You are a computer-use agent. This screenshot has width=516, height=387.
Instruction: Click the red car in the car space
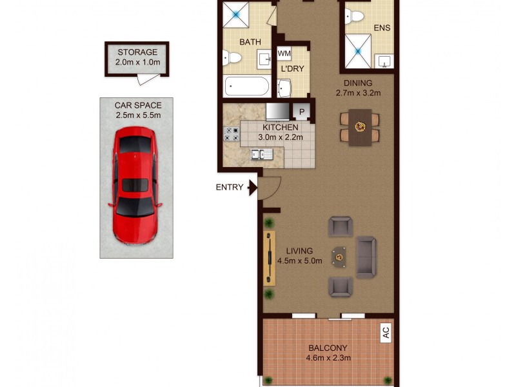point(135,185)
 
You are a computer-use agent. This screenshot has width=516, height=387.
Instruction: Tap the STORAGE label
point(137,52)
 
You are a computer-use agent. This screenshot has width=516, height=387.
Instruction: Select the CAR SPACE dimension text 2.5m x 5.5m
point(137,115)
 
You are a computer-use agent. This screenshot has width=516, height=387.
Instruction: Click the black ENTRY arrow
point(253,188)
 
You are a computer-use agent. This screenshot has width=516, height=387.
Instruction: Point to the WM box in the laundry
point(284,54)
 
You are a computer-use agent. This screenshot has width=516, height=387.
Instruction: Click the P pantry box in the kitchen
point(301,112)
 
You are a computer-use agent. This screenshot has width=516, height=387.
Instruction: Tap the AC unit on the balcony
point(386,333)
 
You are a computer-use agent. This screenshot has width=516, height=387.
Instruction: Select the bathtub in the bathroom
point(247,86)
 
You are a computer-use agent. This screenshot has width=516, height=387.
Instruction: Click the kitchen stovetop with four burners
point(231,134)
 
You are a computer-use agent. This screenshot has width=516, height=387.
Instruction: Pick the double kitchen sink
point(263,154)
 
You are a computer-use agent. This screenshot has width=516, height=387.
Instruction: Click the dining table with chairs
point(360,127)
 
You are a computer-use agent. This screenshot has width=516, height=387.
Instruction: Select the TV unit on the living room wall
point(269,257)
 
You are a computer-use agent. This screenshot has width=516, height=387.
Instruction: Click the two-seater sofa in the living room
point(366,257)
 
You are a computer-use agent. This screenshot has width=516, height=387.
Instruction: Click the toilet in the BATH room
point(232,60)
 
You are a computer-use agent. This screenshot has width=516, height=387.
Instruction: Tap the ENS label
point(382,28)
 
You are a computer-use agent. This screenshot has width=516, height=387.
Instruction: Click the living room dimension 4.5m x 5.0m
point(299,261)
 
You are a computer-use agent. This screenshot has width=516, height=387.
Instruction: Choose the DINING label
point(358,83)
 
